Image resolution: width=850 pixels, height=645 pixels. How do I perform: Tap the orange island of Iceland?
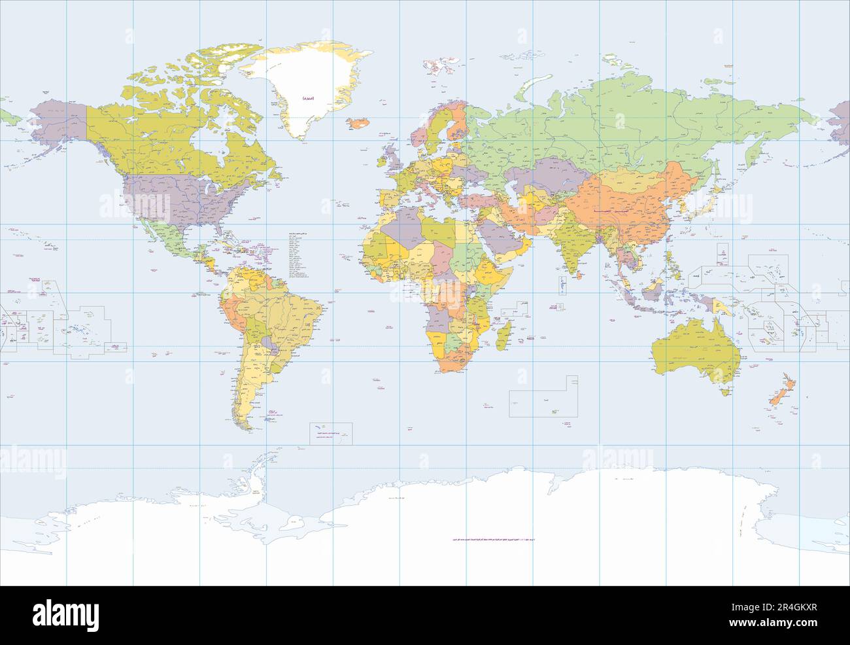tap(358, 122)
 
